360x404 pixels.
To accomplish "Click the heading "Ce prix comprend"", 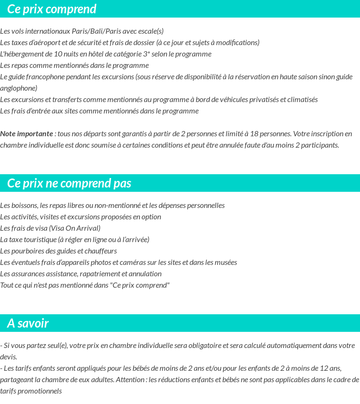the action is pyautogui.click(x=52, y=9).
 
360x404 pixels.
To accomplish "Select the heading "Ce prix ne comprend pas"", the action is pyautogui.click(x=69, y=183).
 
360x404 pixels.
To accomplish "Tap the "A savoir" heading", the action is pyautogui.click(x=28, y=323).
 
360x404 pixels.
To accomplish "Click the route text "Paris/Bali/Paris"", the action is pyautogui.click(x=96, y=31).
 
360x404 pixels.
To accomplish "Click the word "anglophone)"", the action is pyautogui.click(x=19, y=88).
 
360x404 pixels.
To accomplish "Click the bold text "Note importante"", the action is pyautogui.click(x=27, y=134).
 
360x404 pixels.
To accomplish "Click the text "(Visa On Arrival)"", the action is pyautogui.click(x=75, y=228).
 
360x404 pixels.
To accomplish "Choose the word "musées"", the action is pyautogui.click(x=226, y=263).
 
